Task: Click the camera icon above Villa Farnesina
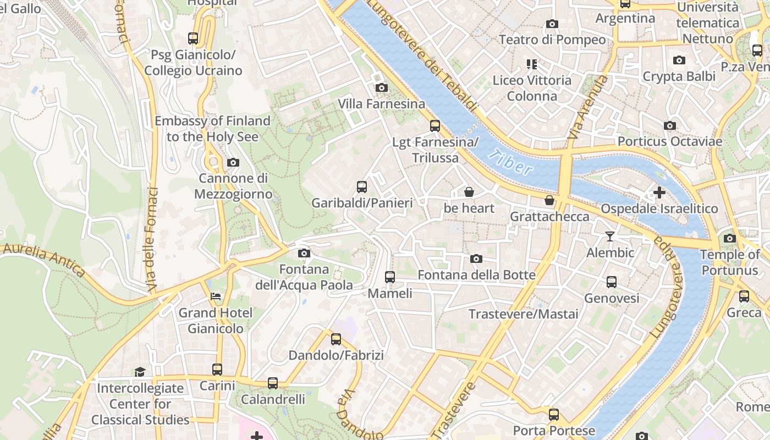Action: pyautogui.click(x=381, y=87)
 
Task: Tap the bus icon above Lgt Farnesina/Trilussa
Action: pyautogui.click(x=435, y=126)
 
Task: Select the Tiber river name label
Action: pyautogui.click(x=510, y=163)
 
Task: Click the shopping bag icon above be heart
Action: pyautogui.click(x=469, y=192)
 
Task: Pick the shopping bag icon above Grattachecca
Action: pyautogui.click(x=549, y=200)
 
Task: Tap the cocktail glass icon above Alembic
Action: pyautogui.click(x=609, y=237)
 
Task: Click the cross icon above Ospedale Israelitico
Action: pyautogui.click(x=659, y=193)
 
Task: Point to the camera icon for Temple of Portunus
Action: pyautogui.click(x=730, y=238)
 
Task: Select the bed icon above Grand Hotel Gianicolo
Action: pyautogui.click(x=216, y=296)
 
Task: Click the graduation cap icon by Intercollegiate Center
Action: pyautogui.click(x=140, y=372)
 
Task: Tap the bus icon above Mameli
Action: pyautogui.click(x=390, y=277)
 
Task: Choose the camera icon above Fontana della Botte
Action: pyautogui.click(x=476, y=258)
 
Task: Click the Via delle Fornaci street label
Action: pyautogui.click(x=152, y=239)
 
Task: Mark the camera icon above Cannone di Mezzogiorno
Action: pyautogui.click(x=233, y=162)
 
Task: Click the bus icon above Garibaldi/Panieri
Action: pyautogui.click(x=361, y=186)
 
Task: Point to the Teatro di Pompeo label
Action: pyautogui.click(x=552, y=40)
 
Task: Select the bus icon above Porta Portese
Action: pyautogui.click(x=554, y=414)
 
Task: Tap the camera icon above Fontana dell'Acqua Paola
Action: pyautogui.click(x=304, y=253)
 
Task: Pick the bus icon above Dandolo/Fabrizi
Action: pyautogui.click(x=336, y=339)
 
